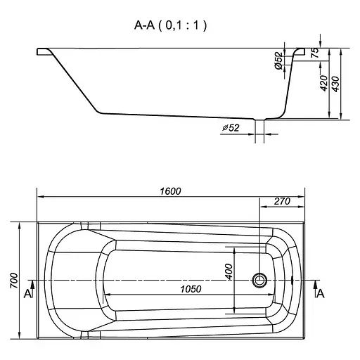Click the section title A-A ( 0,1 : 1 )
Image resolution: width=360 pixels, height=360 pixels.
[170, 25]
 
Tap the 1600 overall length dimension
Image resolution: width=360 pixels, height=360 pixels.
[170, 191]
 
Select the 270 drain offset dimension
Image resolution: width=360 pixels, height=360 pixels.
[282, 201]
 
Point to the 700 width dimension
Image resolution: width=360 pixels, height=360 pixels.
[14, 281]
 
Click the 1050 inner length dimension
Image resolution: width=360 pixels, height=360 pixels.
[191, 289]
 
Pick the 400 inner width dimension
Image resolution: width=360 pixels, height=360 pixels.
[229, 271]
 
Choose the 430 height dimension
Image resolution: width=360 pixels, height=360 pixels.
[335, 84]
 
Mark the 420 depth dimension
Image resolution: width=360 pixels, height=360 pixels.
[323, 83]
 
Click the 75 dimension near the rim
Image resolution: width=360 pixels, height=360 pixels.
[315, 53]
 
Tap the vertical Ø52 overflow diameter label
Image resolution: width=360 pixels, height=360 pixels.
[278, 60]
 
